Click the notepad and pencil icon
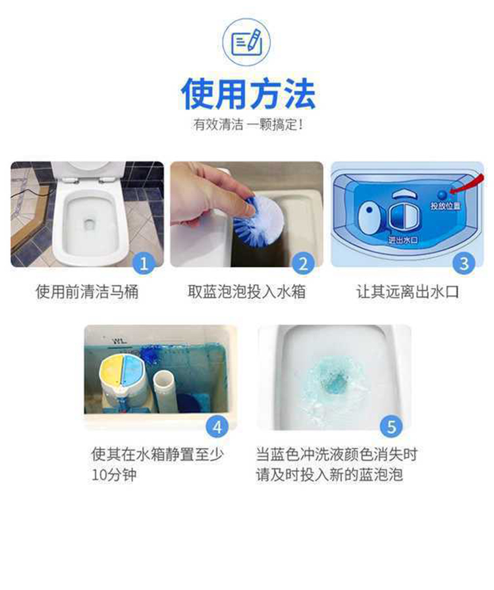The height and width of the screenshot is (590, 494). point(246,42)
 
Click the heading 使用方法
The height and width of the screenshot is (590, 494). point(248,94)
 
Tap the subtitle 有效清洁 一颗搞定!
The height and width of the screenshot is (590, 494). point(248,124)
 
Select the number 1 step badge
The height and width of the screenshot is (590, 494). point(144,263)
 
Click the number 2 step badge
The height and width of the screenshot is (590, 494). point(304,263)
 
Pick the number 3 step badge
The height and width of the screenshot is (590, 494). point(464,263)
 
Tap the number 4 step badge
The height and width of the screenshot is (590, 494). point(217,427)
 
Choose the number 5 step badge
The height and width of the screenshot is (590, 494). point(391,427)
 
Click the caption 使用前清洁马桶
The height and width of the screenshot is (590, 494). point(87,292)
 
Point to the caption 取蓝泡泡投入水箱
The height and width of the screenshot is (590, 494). point(246,292)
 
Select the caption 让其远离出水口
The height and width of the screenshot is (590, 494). point(408,292)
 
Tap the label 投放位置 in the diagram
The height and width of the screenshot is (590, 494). point(445,206)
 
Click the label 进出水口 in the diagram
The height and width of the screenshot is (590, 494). point(402,240)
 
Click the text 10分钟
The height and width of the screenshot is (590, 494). point(114,475)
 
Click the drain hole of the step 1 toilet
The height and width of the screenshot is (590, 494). point(90,225)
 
